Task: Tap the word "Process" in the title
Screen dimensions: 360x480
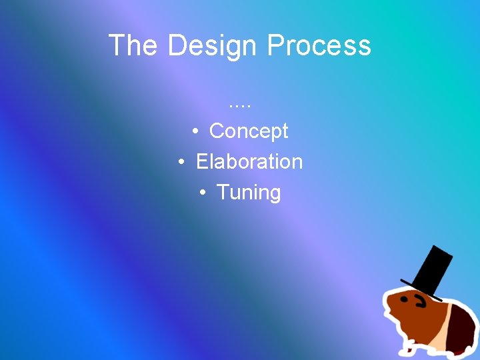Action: click(x=319, y=45)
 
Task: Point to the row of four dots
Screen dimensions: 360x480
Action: click(x=239, y=105)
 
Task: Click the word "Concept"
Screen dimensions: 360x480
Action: click(x=248, y=131)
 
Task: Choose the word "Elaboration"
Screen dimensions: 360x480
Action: click(x=249, y=161)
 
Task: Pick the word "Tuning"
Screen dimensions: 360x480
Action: click(x=249, y=192)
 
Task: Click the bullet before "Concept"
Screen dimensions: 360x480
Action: click(x=196, y=132)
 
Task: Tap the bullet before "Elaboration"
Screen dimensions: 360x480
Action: click(x=182, y=163)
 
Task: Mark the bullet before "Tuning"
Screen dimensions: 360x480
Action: click(x=203, y=193)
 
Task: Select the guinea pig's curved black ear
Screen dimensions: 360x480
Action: click(x=421, y=302)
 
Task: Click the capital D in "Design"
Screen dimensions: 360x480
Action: click(x=177, y=45)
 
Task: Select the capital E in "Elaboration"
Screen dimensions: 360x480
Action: click(x=201, y=161)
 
